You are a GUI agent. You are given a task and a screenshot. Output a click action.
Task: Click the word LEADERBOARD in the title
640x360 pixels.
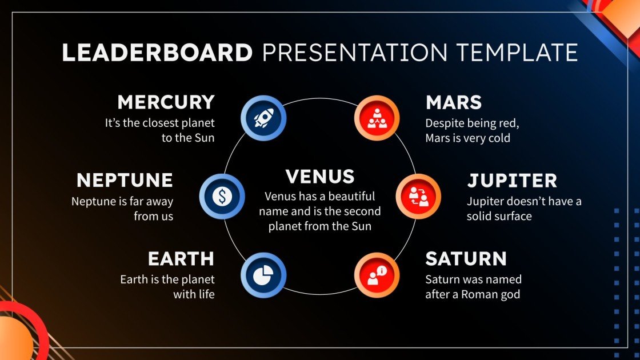point(157,53)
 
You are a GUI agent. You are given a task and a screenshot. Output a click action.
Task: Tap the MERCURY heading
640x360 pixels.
point(166,102)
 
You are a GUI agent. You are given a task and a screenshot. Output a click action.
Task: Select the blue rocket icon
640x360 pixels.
point(263,118)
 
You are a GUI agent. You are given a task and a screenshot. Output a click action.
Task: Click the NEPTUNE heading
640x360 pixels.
point(125,181)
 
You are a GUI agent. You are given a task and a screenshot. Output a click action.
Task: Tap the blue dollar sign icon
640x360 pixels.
point(222,197)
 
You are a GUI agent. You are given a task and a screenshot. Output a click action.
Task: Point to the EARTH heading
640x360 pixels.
point(181,259)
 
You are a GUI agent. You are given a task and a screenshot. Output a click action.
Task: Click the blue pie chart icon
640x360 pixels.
point(263,275)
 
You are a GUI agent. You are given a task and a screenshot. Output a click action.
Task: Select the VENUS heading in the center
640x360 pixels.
point(320,177)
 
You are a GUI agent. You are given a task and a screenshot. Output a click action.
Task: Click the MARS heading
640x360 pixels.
point(454,102)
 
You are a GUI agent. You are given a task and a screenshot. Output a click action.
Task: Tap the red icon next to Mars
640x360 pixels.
point(376,118)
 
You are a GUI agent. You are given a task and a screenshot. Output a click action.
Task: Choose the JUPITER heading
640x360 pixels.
point(512,181)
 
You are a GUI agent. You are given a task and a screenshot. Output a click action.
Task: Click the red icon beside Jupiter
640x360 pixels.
point(418,197)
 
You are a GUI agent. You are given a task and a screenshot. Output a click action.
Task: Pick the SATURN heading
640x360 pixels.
point(466,259)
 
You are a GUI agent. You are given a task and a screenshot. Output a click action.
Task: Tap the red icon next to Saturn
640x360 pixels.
point(376,275)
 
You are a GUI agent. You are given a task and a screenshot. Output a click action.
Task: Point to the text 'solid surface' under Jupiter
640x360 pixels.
point(499,216)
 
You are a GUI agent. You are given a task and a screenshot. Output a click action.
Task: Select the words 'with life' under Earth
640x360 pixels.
point(194,295)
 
